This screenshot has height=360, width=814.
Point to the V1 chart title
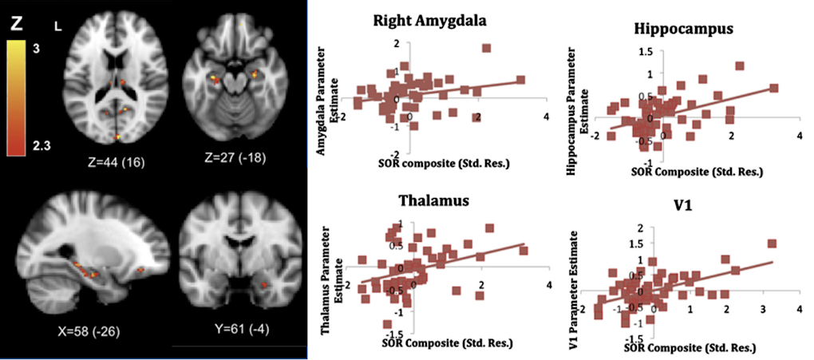(x=685, y=208)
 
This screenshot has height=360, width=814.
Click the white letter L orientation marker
(x=57, y=27)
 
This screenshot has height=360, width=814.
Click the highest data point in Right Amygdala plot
(x=486, y=49)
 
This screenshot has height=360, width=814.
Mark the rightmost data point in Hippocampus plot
(x=773, y=89)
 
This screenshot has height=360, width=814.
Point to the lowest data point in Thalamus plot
(x=387, y=324)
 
